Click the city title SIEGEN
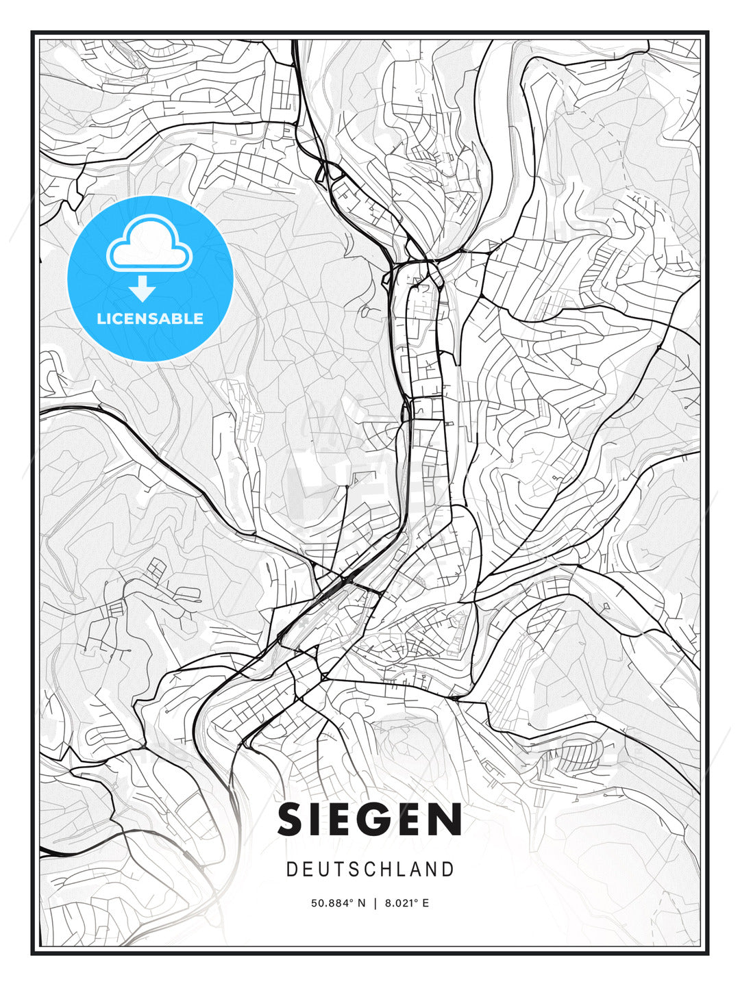(x=370, y=820)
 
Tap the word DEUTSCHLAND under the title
(x=370, y=870)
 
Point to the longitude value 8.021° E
(x=407, y=903)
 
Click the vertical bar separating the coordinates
(x=375, y=903)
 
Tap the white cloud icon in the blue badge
(x=149, y=245)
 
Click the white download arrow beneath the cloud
(x=143, y=289)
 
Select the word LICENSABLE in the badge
(x=150, y=318)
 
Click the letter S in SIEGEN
(x=293, y=820)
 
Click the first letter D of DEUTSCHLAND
(x=292, y=870)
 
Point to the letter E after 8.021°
(x=425, y=903)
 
